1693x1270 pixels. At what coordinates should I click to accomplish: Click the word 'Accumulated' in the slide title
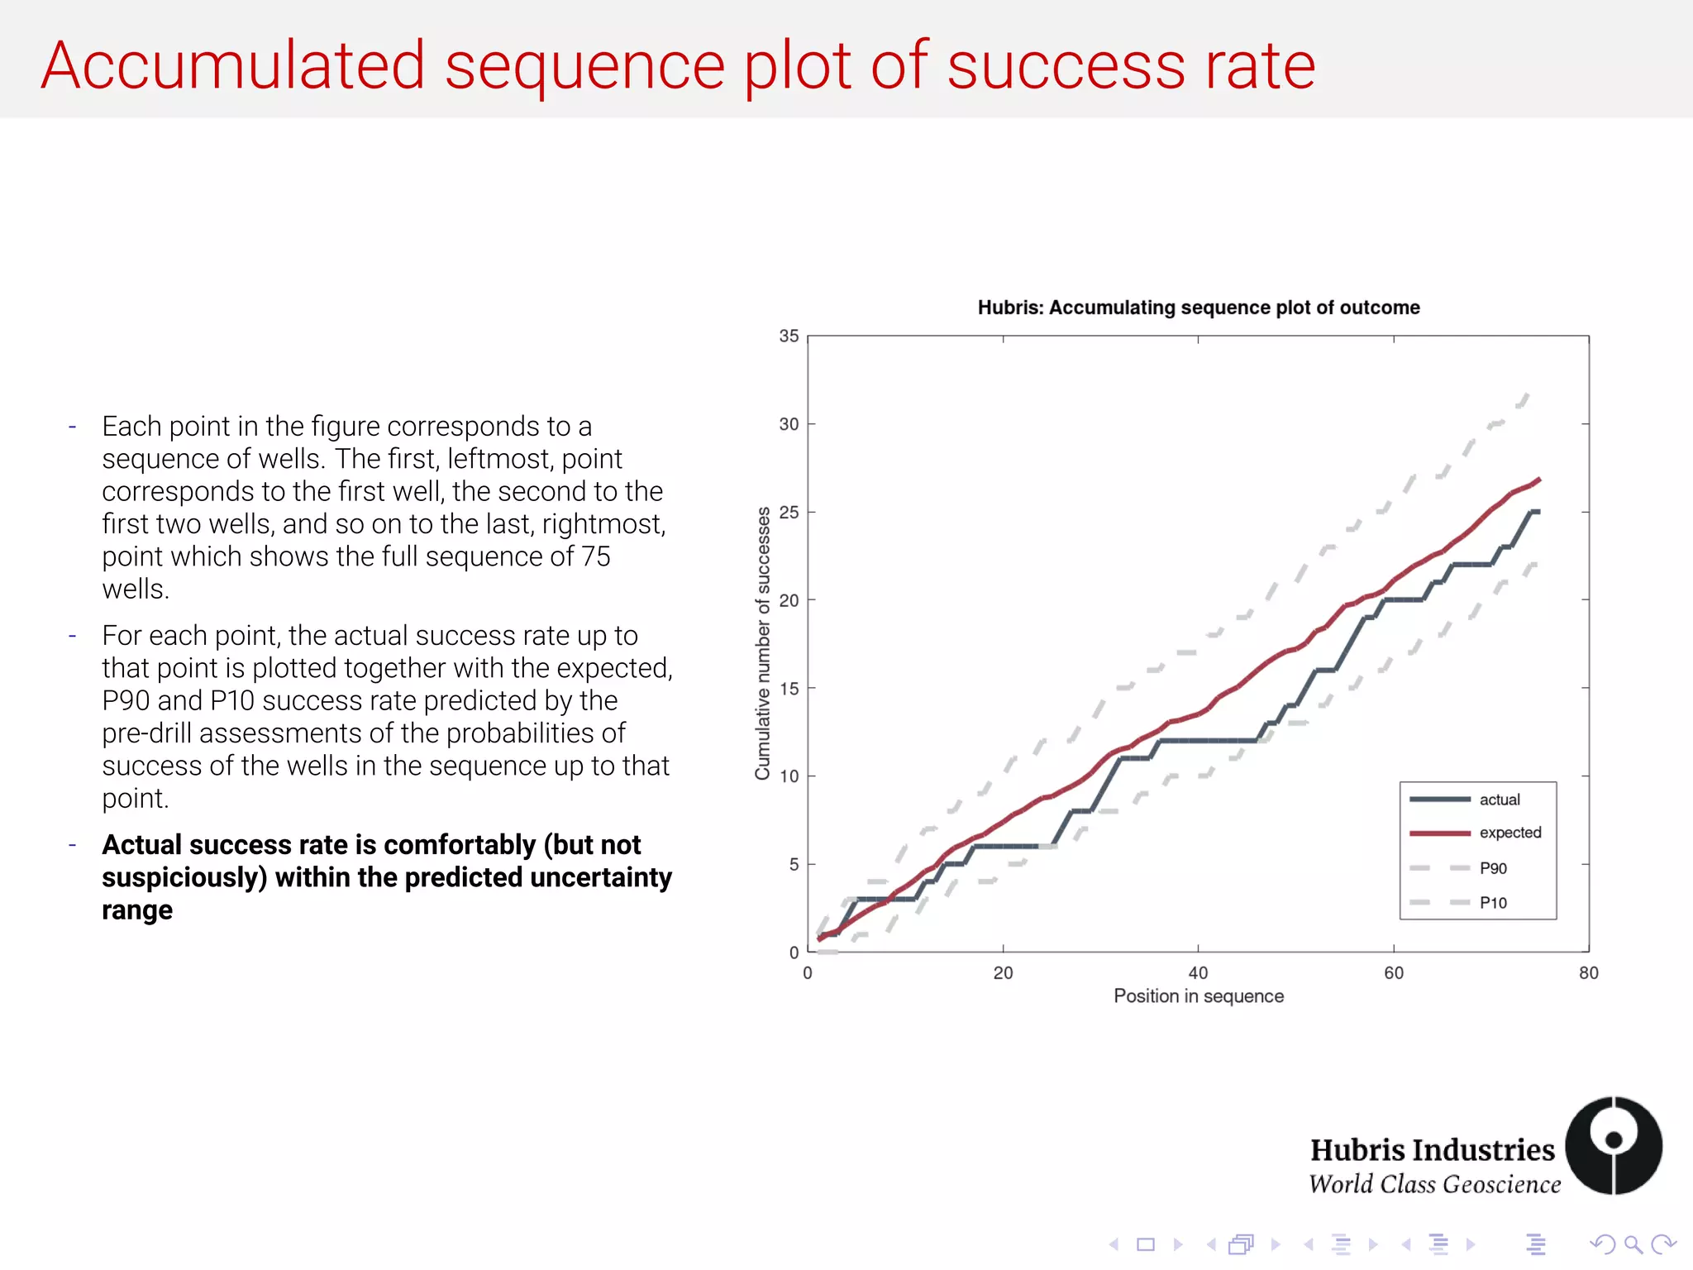click(233, 66)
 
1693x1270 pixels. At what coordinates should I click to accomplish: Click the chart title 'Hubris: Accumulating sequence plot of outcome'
click(1198, 308)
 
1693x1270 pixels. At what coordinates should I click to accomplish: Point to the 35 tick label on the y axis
click(789, 336)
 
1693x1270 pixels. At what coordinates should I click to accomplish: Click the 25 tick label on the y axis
click(789, 512)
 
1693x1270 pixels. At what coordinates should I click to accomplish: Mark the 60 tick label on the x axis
click(1393, 973)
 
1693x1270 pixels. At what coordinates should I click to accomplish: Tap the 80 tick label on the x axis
click(1588, 973)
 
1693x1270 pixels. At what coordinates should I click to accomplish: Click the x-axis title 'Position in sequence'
click(1198, 996)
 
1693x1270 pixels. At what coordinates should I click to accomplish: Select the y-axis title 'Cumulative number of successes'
click(762, 643)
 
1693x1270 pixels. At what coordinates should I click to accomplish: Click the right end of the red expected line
click(1538, 480)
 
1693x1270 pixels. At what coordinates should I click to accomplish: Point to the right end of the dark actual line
click(1538, 512)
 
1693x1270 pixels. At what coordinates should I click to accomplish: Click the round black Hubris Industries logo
click(1613, 1145)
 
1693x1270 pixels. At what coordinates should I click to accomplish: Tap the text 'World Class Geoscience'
click(1434, 1185)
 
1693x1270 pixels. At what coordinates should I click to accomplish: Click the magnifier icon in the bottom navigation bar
click(1633, 1244)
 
